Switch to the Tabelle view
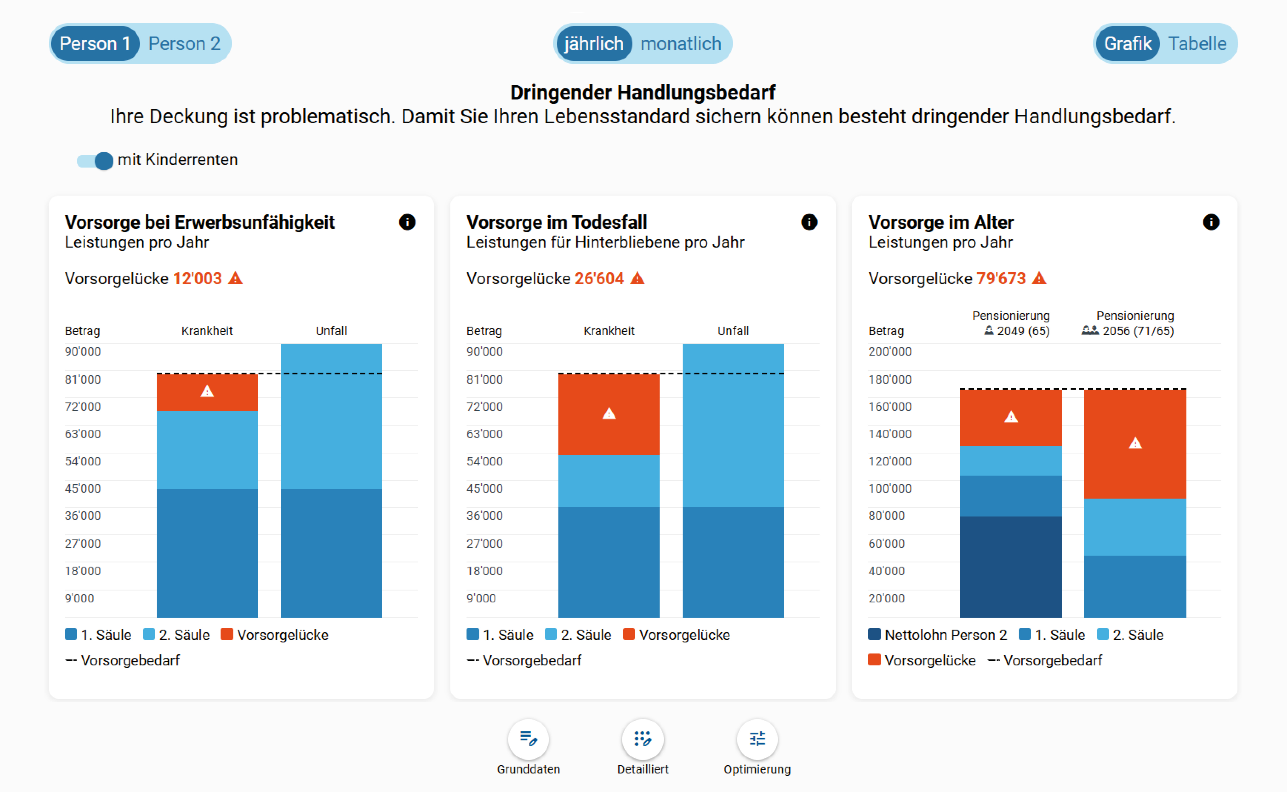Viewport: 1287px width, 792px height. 1197,43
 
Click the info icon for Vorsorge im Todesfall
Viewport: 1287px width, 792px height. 809,222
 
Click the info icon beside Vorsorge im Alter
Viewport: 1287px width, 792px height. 1210,222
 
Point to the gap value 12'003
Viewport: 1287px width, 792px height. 197,278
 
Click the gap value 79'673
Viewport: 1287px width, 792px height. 1001,278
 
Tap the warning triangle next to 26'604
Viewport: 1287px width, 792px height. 637,278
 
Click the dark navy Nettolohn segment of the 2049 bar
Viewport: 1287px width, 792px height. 1010,567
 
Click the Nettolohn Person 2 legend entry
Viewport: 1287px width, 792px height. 937,635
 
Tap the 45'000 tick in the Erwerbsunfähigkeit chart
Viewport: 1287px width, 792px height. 83,488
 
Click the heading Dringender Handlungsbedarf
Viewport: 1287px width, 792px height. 643,92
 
